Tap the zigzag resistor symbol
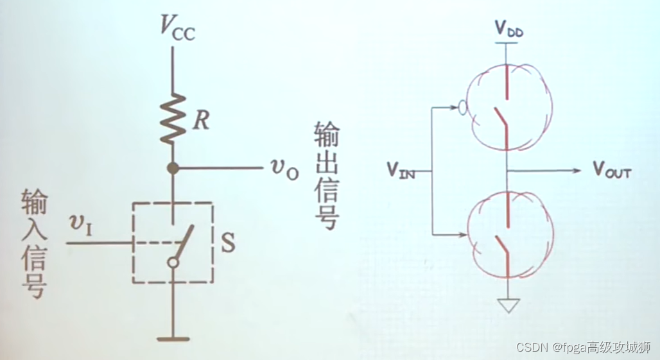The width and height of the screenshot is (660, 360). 173,119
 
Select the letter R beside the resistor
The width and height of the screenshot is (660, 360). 201,121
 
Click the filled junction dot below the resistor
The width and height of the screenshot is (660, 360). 173,168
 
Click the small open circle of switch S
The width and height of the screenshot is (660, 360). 173,262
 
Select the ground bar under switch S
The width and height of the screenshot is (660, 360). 173,338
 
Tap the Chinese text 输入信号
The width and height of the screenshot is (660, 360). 33,244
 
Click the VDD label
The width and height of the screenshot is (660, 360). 508,28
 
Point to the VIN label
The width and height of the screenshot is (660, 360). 401,169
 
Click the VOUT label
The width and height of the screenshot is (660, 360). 612,171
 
